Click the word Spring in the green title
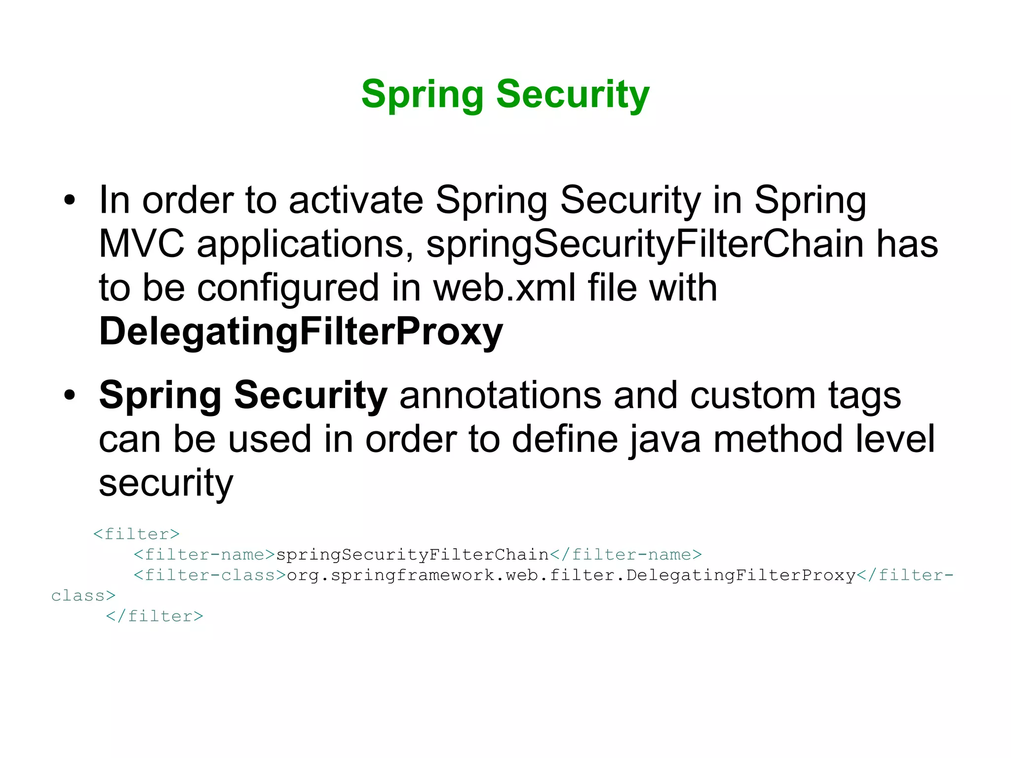(x=422, y=94)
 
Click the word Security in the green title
(x=573, y=94)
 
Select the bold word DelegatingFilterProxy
(x=301, y=332)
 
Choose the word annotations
(x=500, y=395)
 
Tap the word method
(x=778, y=439)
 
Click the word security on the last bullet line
(x=166, y=483)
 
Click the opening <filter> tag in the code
(x=136, y=534)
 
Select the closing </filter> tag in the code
(x=155, y=616)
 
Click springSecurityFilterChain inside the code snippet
(x=412, y=555)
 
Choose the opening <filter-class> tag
(x=210, y=575)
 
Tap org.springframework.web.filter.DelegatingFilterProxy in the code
(x=571, y=575)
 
